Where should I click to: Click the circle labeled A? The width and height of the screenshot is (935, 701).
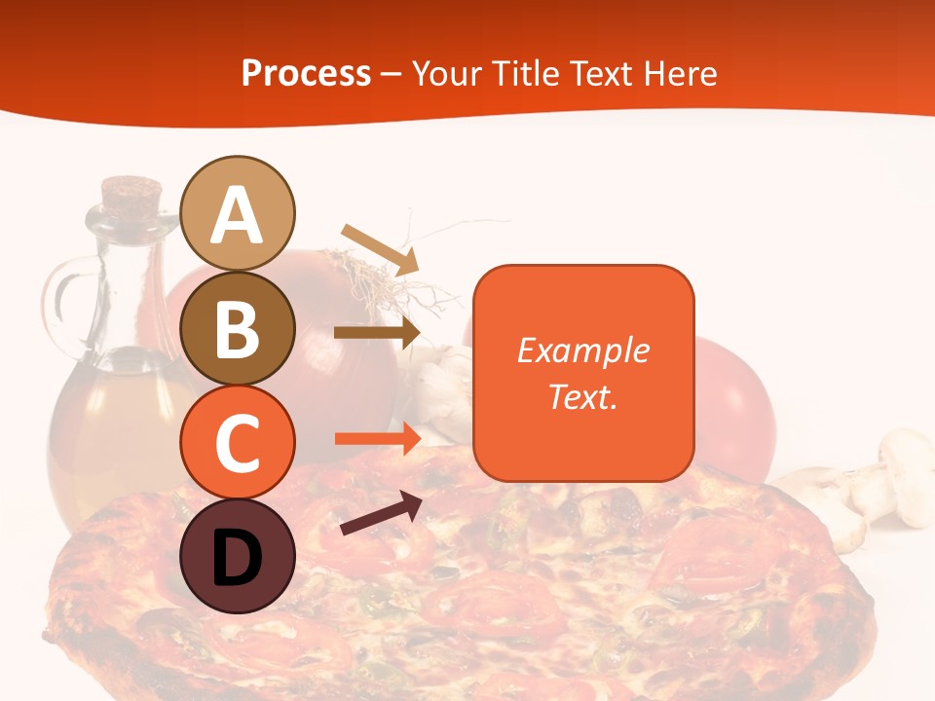pos(238,213)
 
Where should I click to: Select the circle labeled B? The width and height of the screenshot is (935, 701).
pos(238,328)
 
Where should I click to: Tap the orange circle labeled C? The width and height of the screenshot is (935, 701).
pos(238,442)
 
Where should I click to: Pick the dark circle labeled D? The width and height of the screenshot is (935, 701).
pos(238,556)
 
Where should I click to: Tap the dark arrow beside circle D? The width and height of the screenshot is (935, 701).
pos(381,514)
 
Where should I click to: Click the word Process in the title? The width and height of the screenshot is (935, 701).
pos(306,74)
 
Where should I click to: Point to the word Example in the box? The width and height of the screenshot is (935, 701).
pos(582,350)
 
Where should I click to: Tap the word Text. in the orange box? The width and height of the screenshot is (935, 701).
pos(582,396)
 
